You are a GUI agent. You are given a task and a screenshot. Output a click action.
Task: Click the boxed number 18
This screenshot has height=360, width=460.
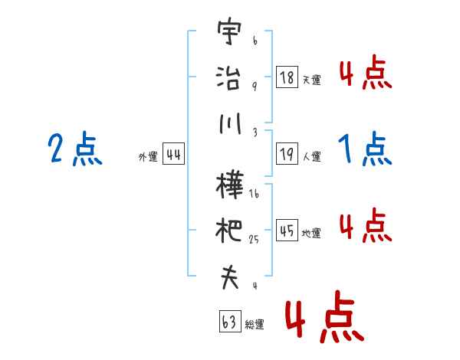pos(287,77)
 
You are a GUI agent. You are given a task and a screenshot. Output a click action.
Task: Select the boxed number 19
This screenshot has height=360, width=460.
pos(287,155)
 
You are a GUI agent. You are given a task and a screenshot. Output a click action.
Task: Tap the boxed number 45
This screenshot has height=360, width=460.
pos(287,231)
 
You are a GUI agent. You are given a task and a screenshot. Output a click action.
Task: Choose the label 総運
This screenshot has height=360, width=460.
pos(255,325)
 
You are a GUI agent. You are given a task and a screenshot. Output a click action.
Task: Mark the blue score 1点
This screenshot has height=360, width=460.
pos(365,149)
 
